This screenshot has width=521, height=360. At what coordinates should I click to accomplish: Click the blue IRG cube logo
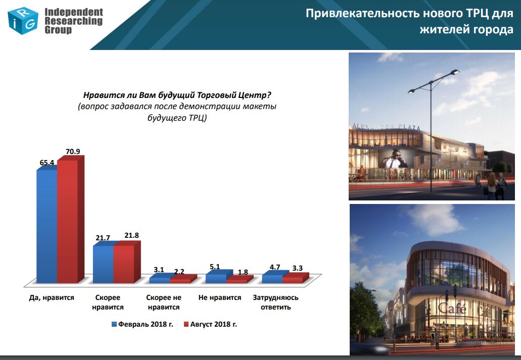23,21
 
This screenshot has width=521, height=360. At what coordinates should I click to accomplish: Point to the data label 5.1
215,267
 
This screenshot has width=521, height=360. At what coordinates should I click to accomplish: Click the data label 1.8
243,272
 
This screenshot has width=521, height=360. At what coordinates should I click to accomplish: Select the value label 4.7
275,267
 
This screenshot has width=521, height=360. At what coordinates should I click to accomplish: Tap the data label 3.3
297,268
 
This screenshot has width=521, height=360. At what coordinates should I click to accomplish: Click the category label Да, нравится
52,297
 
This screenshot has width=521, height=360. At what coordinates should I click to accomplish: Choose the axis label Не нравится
220,297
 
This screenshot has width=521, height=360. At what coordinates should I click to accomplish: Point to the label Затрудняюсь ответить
275,302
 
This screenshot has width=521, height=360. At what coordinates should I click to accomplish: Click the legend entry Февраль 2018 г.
142,324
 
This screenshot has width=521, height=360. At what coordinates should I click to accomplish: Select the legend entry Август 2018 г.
210,324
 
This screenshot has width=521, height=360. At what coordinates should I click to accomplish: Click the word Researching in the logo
73,21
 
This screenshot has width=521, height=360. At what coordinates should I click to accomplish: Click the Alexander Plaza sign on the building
387,126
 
